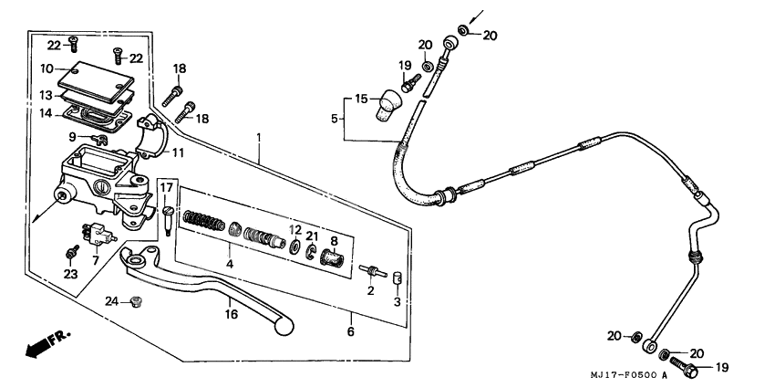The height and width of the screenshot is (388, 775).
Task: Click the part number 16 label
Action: click(x=232, y=313)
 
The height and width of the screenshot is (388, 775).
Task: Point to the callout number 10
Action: click(x=46, y=68)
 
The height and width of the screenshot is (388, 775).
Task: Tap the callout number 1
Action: click(x=259, y=138)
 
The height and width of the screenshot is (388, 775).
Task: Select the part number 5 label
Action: click(x=335, y=118)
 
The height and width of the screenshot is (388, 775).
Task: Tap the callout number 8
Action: click(x=335, y=241)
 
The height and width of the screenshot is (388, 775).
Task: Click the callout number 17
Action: click(x=167, y=188)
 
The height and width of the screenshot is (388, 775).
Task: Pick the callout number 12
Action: click(x=295, y=229)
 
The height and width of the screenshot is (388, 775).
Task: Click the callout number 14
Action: click(x=46, y=114)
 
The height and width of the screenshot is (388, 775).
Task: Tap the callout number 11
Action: click(x=178, y=152)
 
